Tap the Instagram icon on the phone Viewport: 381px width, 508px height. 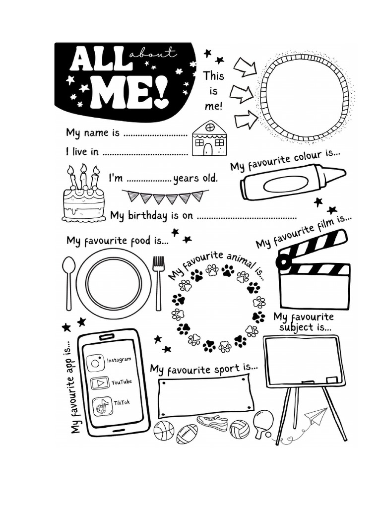97,362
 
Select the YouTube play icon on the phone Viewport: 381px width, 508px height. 101,383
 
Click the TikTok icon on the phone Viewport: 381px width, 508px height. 102,406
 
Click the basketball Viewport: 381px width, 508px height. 164,430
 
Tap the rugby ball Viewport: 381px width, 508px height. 187,434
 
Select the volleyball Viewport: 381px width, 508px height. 239,429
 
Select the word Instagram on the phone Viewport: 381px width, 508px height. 119,359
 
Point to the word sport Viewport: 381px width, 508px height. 229,369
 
